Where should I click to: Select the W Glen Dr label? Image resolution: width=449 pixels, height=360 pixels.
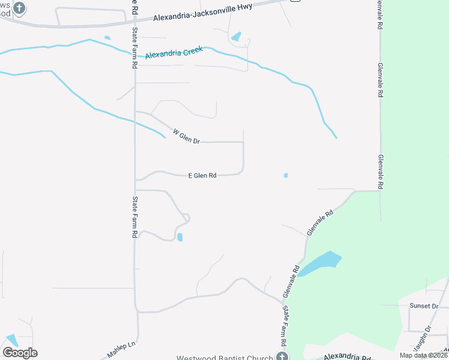pos(185,136)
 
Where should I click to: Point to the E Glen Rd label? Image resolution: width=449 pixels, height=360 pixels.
pos(202,176)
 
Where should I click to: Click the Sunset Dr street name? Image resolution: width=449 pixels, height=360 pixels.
pos(424,306)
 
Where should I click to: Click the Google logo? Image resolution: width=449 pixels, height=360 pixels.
pos(20,353)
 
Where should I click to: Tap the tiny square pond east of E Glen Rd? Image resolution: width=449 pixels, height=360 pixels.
pos(286,175)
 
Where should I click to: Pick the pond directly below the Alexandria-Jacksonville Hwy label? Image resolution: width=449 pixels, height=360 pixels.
pos(237,37)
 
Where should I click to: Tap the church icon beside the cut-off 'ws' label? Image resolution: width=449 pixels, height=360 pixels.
pos(19,8)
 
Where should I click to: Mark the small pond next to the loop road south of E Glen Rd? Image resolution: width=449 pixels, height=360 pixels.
pos(179,238)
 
